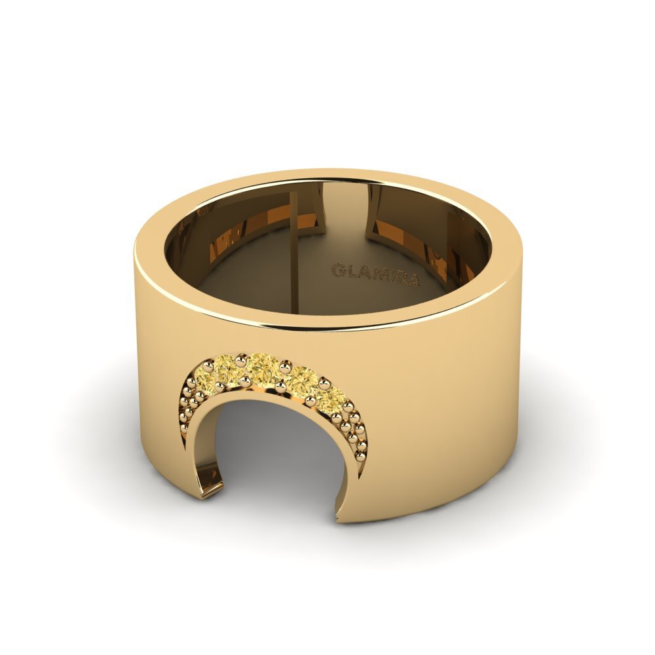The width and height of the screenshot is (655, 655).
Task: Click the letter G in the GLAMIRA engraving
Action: click(x=339, y=271)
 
